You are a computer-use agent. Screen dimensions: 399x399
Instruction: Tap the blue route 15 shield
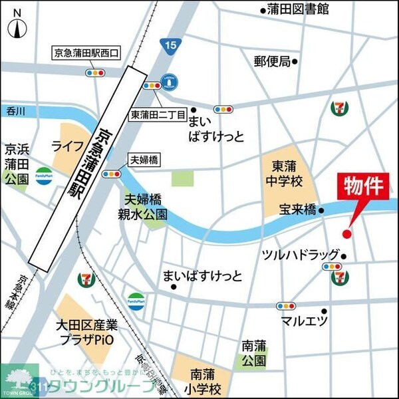tap(171, 45)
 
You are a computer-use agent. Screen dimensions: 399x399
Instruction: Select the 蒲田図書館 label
tap(298, 9)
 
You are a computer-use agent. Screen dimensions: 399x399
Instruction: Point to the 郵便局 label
tap(273, 61)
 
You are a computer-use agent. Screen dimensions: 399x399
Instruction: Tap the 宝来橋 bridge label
tap(297, 210)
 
